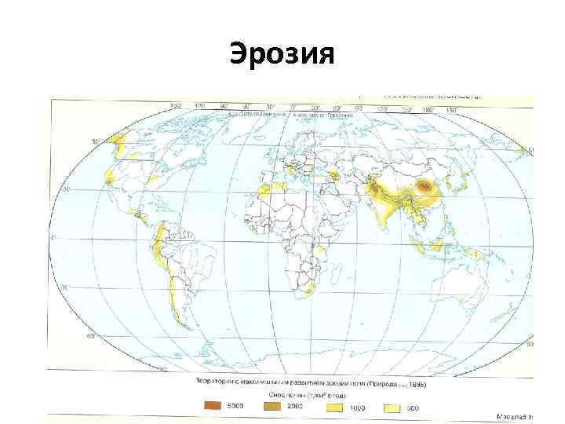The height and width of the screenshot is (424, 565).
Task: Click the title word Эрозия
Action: (x=282, y=56)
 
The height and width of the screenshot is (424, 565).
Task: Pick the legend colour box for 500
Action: (x=392, y=408)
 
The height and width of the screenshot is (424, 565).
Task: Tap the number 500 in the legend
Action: (x=413, y=408)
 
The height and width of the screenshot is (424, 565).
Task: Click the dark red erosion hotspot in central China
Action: (x=425, y=186)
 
